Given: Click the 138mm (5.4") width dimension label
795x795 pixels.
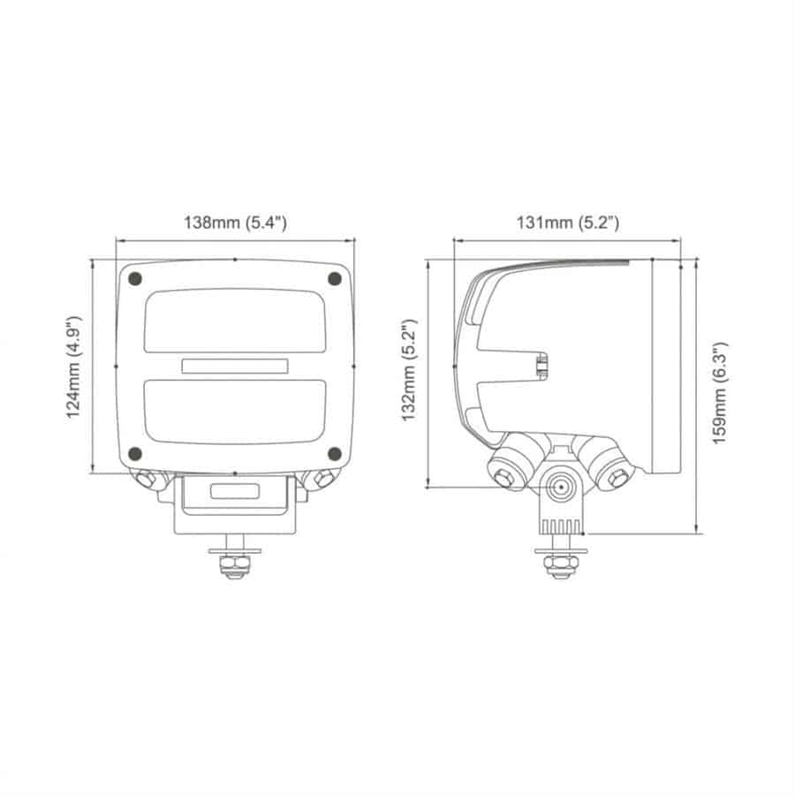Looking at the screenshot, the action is (x=235, y=223).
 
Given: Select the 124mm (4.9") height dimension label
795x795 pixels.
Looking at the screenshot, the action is (x=74, y=367).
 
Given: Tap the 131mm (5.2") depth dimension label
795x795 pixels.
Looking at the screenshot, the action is (x=567, y=223).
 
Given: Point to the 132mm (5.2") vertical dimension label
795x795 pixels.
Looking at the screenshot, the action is (x=409, y=370).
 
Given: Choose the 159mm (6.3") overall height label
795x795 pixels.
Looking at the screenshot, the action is (x=720, y=393).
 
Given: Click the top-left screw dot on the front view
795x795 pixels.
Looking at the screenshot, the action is (x=135, y=278).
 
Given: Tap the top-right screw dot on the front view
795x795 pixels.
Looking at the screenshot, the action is (x=335, y=278).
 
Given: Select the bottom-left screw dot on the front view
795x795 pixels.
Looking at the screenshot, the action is (x=135, y=454).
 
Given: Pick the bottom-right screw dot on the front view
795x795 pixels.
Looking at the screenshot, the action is (x=335, y=454).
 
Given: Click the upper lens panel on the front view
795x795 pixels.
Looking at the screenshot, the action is (x=235, y=322).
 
